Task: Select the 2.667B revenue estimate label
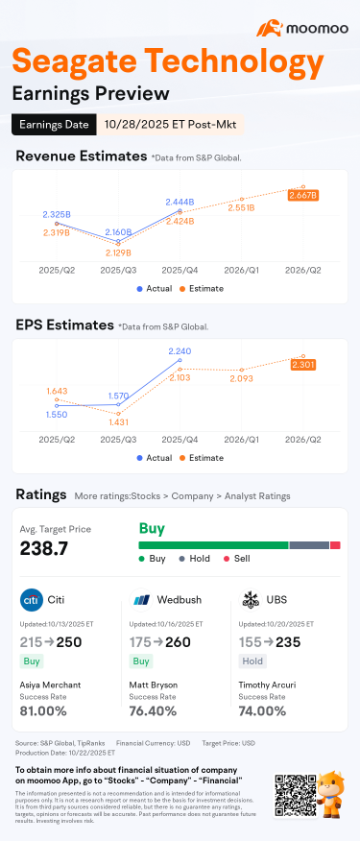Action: [302, 195]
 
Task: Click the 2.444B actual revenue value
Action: [180, 203]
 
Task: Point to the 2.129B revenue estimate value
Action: [118, 252]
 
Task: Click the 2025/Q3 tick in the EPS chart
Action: [118, 438]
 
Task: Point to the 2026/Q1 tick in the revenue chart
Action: [242, 272]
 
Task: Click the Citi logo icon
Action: [31, 600]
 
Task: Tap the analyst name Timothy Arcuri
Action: [273, 685]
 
